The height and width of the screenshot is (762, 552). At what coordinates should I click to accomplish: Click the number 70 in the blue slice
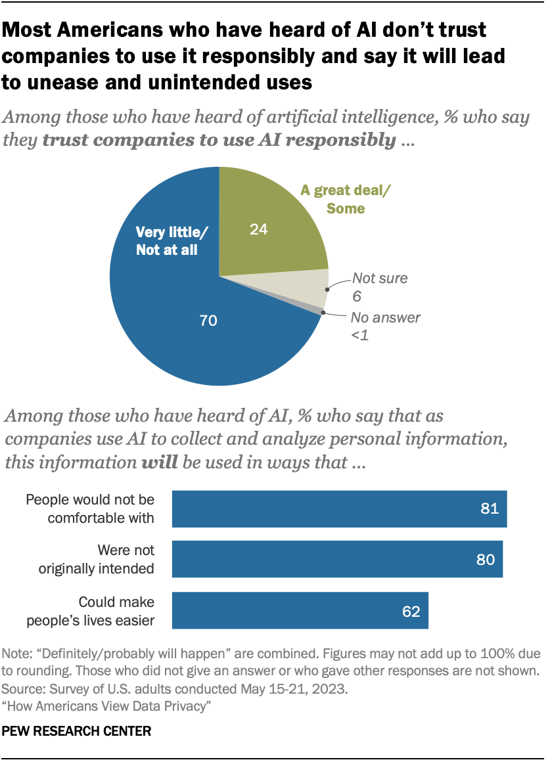208,321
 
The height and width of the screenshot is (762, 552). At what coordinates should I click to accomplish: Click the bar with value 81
339,509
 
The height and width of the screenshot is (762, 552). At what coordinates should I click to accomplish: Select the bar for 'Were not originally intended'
337,560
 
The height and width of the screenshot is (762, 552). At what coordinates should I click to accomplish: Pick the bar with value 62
300,610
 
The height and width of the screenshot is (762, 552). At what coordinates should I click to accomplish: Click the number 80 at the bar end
486,560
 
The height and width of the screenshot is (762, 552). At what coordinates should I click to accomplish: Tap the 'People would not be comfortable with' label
90,509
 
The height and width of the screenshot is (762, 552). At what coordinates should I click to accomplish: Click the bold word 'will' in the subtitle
160,462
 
